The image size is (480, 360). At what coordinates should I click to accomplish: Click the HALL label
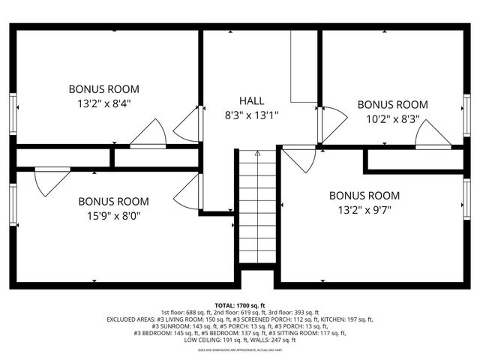[251, 100]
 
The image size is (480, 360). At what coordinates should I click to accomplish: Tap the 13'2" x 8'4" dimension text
[104, 104]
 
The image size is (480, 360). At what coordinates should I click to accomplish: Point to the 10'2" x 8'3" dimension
[392, 119]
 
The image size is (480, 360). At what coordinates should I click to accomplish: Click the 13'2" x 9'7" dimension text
[364, 210]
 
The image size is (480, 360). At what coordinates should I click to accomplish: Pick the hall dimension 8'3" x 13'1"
[251, 115]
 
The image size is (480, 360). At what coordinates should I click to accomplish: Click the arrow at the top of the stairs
[257, 154]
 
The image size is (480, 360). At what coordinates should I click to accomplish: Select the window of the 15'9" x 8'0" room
[13, 204]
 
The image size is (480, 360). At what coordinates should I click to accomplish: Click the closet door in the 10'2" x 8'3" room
[433, 135]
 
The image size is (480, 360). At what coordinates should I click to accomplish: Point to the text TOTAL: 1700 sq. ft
[240, 305]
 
